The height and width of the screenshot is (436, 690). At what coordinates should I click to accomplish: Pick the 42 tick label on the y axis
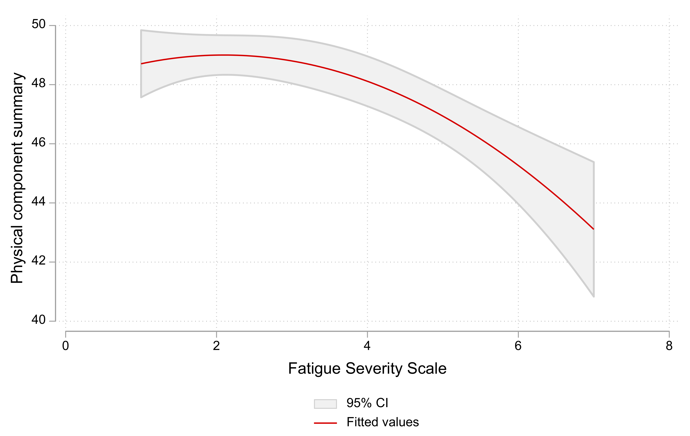[38, 261]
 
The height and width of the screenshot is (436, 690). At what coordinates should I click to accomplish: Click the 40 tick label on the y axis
[38, 320]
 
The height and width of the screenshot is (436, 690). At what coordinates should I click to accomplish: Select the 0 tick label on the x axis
[66, 346]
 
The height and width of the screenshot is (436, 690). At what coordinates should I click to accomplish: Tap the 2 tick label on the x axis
[216, 346]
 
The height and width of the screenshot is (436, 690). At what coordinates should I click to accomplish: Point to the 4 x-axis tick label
[367, 346]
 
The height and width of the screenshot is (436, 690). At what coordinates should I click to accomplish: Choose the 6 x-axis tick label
[518, 346]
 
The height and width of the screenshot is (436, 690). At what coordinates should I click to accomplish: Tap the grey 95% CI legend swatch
[325, 404]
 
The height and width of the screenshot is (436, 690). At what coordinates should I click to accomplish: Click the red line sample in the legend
[325, 423]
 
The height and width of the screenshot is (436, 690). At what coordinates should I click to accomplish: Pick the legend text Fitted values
[383, 422]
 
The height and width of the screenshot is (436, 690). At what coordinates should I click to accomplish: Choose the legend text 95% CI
[367, 403]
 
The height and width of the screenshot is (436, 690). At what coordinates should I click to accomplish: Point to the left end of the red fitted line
[141, 63]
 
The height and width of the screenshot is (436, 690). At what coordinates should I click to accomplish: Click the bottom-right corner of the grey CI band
[594, 297]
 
